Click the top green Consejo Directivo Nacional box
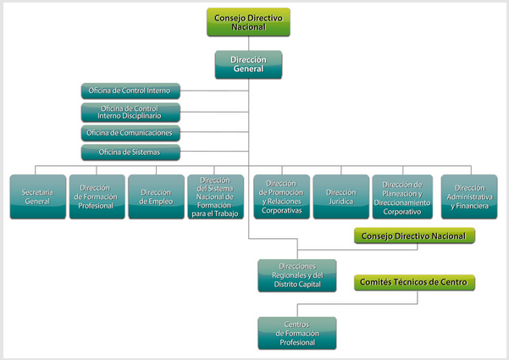248,22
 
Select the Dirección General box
248,64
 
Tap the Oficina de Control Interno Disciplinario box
130,113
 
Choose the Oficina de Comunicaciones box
130,133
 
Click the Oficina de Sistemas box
130,152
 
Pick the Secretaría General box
37,197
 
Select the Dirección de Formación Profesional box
97,197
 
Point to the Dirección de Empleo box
156,197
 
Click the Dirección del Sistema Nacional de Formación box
216,197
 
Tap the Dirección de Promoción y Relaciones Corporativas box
282,197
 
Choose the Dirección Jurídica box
341,197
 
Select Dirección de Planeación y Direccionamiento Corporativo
402,197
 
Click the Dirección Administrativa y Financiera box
469,197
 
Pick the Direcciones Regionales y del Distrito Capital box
297,275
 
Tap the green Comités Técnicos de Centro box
414,282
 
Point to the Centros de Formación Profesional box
297,333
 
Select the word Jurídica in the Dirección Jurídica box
340,202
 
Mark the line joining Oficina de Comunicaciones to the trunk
214,132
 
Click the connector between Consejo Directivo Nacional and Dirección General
249,43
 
